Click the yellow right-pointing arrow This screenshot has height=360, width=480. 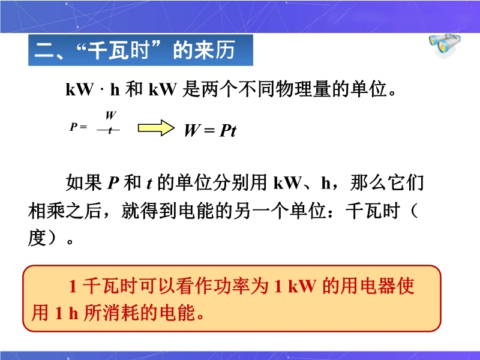(156, 128)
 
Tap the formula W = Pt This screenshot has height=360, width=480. (211, 131)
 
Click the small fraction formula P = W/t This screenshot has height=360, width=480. (95, 124)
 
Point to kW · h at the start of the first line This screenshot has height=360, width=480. (92, 89)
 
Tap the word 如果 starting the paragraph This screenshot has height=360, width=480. (84, 183)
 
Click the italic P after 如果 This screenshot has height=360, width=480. (113, 184)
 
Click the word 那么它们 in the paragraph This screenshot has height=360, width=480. (387, 183)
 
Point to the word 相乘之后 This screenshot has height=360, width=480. (65, 211)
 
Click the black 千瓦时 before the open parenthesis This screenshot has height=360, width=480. (373, 211)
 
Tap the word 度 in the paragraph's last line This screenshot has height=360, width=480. (37, 238)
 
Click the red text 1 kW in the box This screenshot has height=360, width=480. (295, 287)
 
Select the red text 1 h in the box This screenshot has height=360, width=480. (67, 313)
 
